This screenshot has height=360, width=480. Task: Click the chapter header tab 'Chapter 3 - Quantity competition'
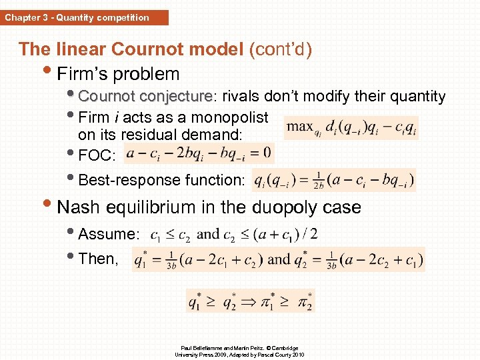(x=77, y=17)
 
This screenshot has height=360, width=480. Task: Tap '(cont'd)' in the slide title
(x=280, y=49)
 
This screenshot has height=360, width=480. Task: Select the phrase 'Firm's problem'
(x=119, y=73)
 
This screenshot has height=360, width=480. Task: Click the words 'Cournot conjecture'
(x=144, y=97)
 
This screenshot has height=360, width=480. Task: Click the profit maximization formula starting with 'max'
(x=351, y=126)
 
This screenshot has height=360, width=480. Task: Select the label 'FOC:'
(x=97, y=156)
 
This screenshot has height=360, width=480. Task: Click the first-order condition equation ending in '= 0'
(x=198, y=153)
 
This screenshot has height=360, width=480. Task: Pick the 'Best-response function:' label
(x=162, y=180)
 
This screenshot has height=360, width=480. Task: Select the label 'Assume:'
(x=109, y=234)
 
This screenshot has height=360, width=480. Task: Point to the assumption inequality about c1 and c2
(x=234, y=235)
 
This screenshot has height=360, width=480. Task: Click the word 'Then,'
(x=98, y=259)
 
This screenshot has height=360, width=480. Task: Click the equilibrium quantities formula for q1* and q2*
(x=278, y=259)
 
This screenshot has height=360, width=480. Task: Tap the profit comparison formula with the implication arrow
(x=249, y=300)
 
